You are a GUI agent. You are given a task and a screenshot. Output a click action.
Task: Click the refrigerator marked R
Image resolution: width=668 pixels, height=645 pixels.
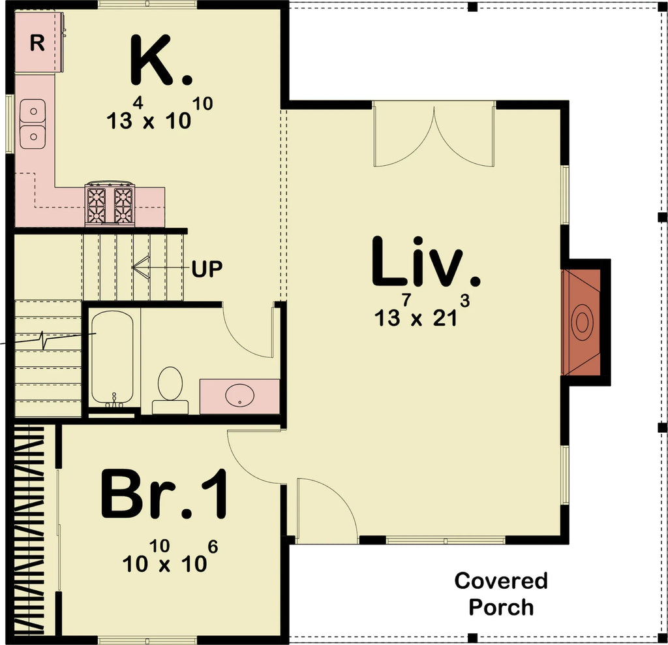coord(38,43)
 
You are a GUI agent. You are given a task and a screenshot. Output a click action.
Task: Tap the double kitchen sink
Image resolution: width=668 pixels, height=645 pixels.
coord(33,123)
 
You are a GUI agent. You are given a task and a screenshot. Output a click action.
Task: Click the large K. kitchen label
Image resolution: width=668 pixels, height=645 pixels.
coord(161,60)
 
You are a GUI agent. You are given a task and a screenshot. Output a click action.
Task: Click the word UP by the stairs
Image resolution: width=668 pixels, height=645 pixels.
coord(207,268)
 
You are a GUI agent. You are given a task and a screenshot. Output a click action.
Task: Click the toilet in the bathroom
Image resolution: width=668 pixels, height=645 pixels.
coord(170,389)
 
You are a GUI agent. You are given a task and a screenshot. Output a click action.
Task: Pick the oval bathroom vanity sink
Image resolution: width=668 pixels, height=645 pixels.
coord(239,395)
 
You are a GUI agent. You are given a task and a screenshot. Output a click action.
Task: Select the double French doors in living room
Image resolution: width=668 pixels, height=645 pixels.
coord(434,135)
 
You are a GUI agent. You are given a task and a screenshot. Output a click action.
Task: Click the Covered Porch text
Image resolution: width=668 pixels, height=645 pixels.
coord(501,593)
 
